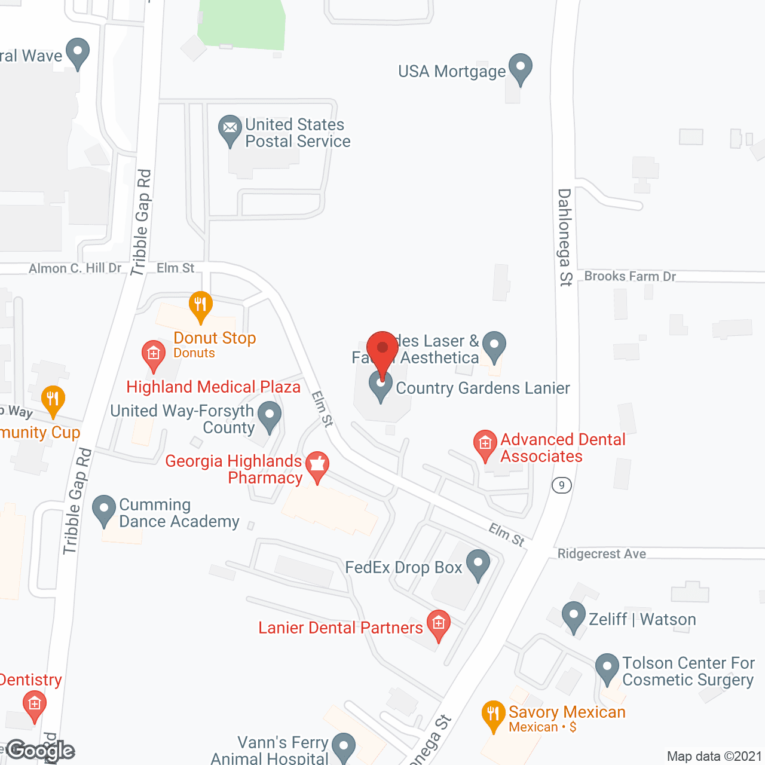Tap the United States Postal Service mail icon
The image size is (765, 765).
coord(230,129)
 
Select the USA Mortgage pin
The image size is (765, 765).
coord(520,68)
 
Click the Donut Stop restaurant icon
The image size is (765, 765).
coord(201,305)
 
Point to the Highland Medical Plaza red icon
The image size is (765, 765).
coord(154,354)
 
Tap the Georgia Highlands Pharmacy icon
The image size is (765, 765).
coord(317,466)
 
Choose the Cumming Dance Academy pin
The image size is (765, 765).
coord(104,509)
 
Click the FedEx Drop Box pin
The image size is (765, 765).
coord(478,564)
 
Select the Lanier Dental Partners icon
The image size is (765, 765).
coord(438,624)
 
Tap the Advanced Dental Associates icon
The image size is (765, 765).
coord(485,444)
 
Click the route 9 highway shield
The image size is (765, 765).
coord(561,485)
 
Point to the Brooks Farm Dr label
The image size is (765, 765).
coord(630,276)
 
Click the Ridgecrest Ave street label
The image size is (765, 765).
coord(601,554)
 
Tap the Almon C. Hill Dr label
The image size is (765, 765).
coord(75,268)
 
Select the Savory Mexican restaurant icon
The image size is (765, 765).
coord(493,715)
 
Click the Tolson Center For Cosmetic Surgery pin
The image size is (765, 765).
coord(607,668)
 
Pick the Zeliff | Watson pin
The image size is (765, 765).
coord(574,616)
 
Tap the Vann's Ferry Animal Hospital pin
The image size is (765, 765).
coord(343,747)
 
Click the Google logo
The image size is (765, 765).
coord(40,751)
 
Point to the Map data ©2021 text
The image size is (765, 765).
coord(714,757)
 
